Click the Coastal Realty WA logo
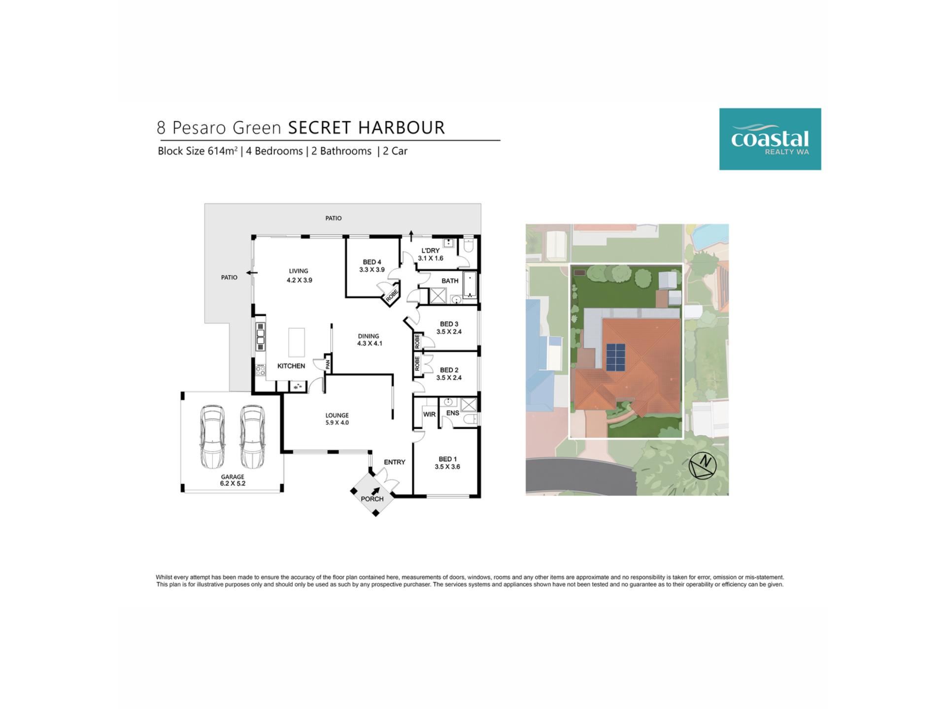click(770, 139)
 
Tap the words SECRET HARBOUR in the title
click(367, 128)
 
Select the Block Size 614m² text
click(198, 151)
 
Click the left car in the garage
click(212, 437)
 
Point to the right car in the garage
click(252, 437)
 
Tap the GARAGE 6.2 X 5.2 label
click(233, 480)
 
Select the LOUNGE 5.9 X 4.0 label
click(337, 419)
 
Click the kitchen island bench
click(297, 342)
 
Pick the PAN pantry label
click(328, 365)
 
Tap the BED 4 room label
click(372, 266)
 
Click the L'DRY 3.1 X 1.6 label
click(431, 254)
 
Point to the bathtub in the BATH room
click(470, 285)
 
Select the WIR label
click(429, 415)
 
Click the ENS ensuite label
click(453, 413)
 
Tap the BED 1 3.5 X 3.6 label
click(447, 463)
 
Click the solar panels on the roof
click(615, 358)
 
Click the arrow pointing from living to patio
click(252, 272)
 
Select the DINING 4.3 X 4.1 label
click(370, 340)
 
